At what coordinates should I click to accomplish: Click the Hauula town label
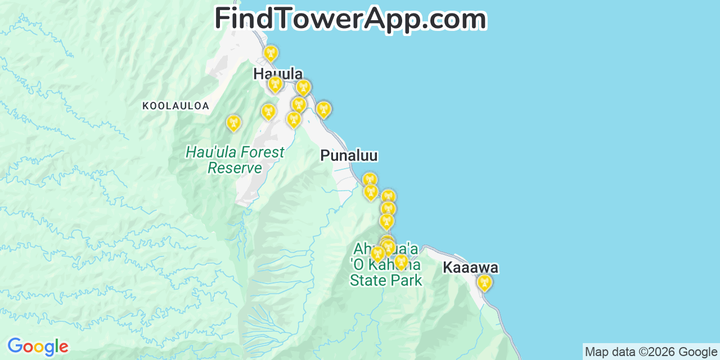[x=277, y=74]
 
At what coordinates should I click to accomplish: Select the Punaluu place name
[x=349, y=156]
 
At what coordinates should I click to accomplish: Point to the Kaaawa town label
[x=470, y=268]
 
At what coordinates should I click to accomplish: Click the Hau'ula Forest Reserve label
[x=235, y=160]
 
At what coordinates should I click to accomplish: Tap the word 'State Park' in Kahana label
[x=385, y=280]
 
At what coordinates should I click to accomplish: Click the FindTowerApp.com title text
[x=350, y=19]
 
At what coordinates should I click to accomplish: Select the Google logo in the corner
[x=38, y=346]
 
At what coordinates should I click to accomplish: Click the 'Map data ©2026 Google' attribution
[x=651, y=352]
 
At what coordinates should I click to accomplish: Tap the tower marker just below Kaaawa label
[x=484, y=282]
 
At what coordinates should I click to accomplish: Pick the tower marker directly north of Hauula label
[x=271, y=53]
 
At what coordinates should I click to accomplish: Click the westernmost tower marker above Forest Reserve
[x=233, y=123]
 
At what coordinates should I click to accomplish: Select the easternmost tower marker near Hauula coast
[x=323, y=109]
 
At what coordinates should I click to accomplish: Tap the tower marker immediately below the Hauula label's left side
[x=274, y=84]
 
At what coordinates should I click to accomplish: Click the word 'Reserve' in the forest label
[x=235, y=168]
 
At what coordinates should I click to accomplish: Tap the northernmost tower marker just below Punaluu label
[x=369, y=179]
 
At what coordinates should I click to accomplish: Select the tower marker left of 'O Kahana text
[x=377, y=254]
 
